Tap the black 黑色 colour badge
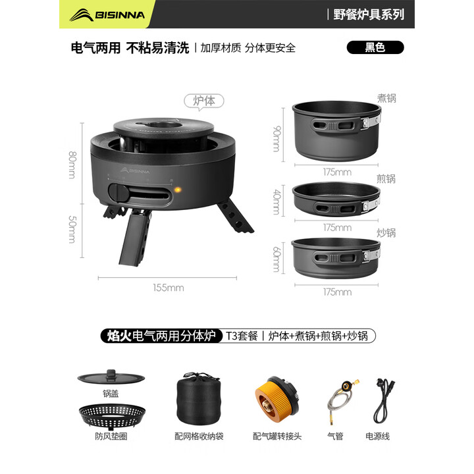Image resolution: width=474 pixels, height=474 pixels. tap(375, 47)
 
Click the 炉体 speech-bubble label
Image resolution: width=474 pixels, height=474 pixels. tap(203, 101)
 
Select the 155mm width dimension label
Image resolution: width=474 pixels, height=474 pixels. tap(170, 288)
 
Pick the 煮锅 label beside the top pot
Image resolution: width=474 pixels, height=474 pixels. tap(386, 99)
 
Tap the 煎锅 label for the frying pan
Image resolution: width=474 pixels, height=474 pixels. tap(386, 178)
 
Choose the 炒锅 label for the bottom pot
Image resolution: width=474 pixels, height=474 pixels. tap(386, 232)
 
